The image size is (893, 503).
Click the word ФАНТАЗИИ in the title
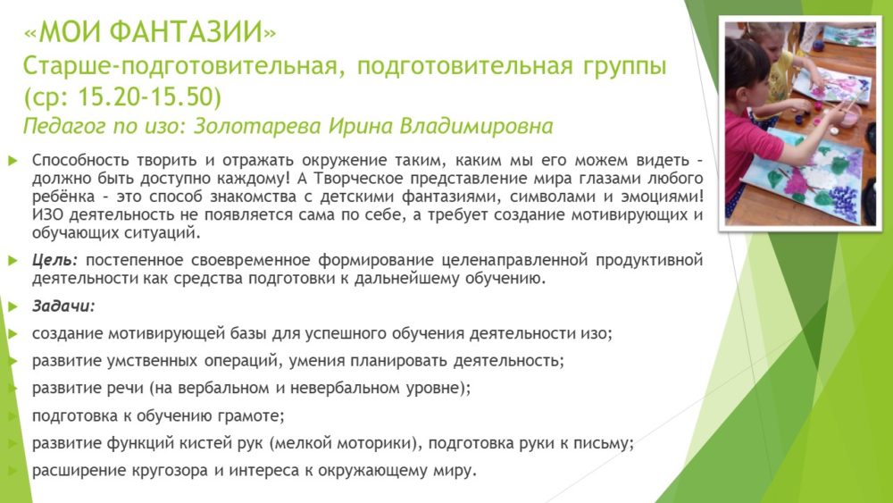point(187,32)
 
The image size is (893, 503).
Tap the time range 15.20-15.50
point(145,96)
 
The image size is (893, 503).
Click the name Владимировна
point(476,126)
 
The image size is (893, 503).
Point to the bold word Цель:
point(54,260)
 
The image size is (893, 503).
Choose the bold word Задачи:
point(63,306)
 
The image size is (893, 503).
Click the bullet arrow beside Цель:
point(13,261)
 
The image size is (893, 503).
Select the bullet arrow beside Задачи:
point(13,306)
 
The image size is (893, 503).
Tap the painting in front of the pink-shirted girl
point(803,172)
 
